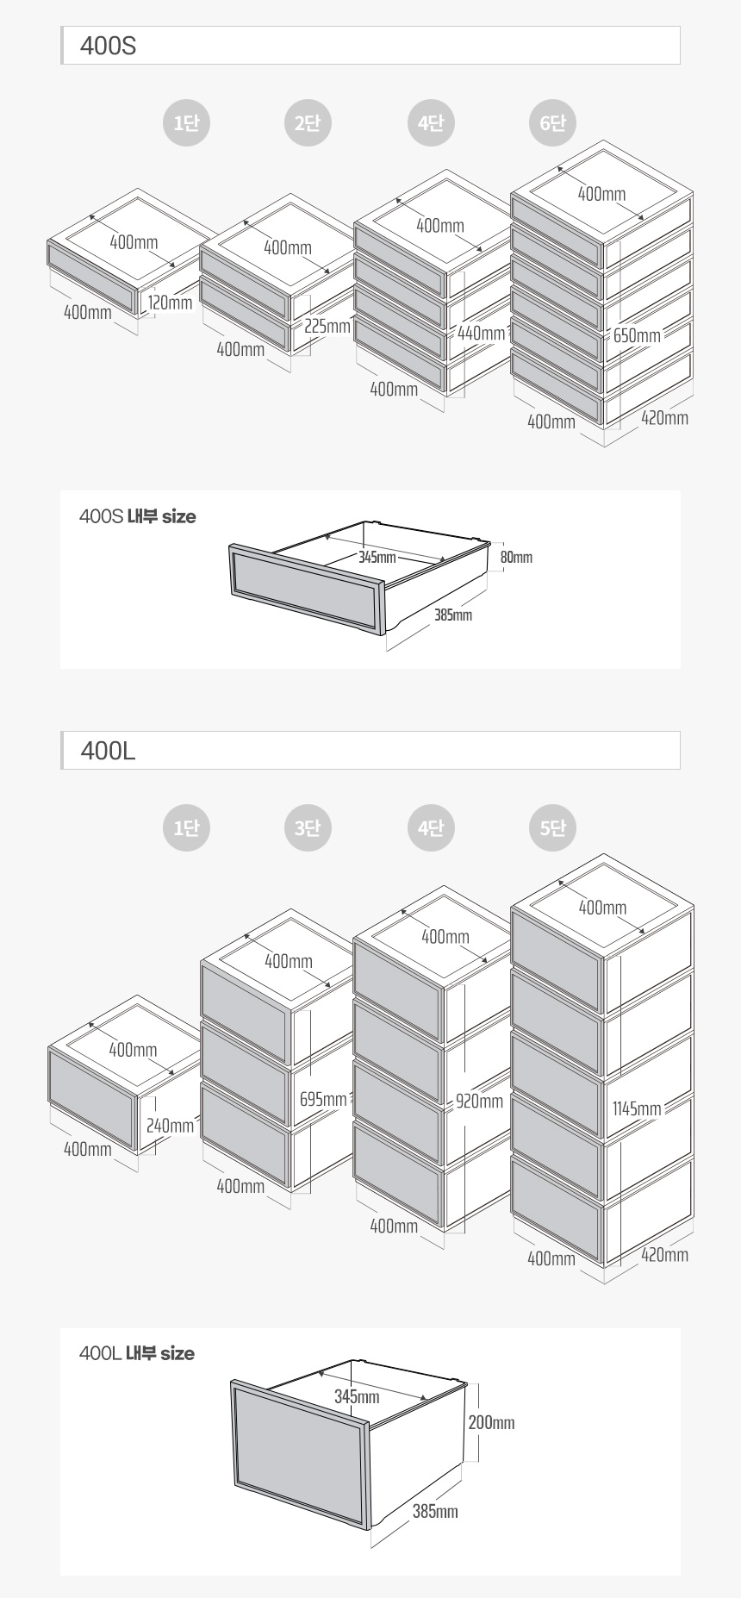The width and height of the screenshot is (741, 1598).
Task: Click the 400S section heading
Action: [x=108, y=46]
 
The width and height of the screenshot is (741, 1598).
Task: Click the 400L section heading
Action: [x=108, y=751]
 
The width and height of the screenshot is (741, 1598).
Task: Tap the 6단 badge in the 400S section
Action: [x=552, y=123]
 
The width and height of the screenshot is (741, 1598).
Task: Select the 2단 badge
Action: [x=308, y=123]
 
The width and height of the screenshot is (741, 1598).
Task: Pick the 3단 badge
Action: [x=308, y=828]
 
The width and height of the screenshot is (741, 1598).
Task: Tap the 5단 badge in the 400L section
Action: [x=552, y=828]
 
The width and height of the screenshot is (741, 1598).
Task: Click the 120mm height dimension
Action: [x=170, y=303]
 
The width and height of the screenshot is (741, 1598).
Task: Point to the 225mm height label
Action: [x=327, y=327]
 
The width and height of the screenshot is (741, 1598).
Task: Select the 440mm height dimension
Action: [x=481, y=334]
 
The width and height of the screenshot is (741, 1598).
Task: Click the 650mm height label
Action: [x=637, y=335]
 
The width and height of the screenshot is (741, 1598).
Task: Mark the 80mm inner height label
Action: [x=516, y=558]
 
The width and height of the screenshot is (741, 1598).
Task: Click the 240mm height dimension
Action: [x=170, y=1126]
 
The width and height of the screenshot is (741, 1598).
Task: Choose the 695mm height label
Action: [x=323, y=1100]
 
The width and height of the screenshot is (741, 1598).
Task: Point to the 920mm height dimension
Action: [x=479, y=1101]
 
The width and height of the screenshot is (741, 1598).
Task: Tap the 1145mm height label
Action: [x=637, y=1108]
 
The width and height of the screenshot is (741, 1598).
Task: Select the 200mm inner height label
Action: [x=491, y=1422]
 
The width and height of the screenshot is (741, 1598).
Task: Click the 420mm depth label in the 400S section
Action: [x=664, y=418]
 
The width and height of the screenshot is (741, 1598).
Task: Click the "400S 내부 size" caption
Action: [x=138, y=517]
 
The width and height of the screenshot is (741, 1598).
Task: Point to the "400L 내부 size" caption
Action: [x=137, y=1354]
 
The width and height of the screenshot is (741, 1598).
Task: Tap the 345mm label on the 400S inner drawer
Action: [x=377, y=557]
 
